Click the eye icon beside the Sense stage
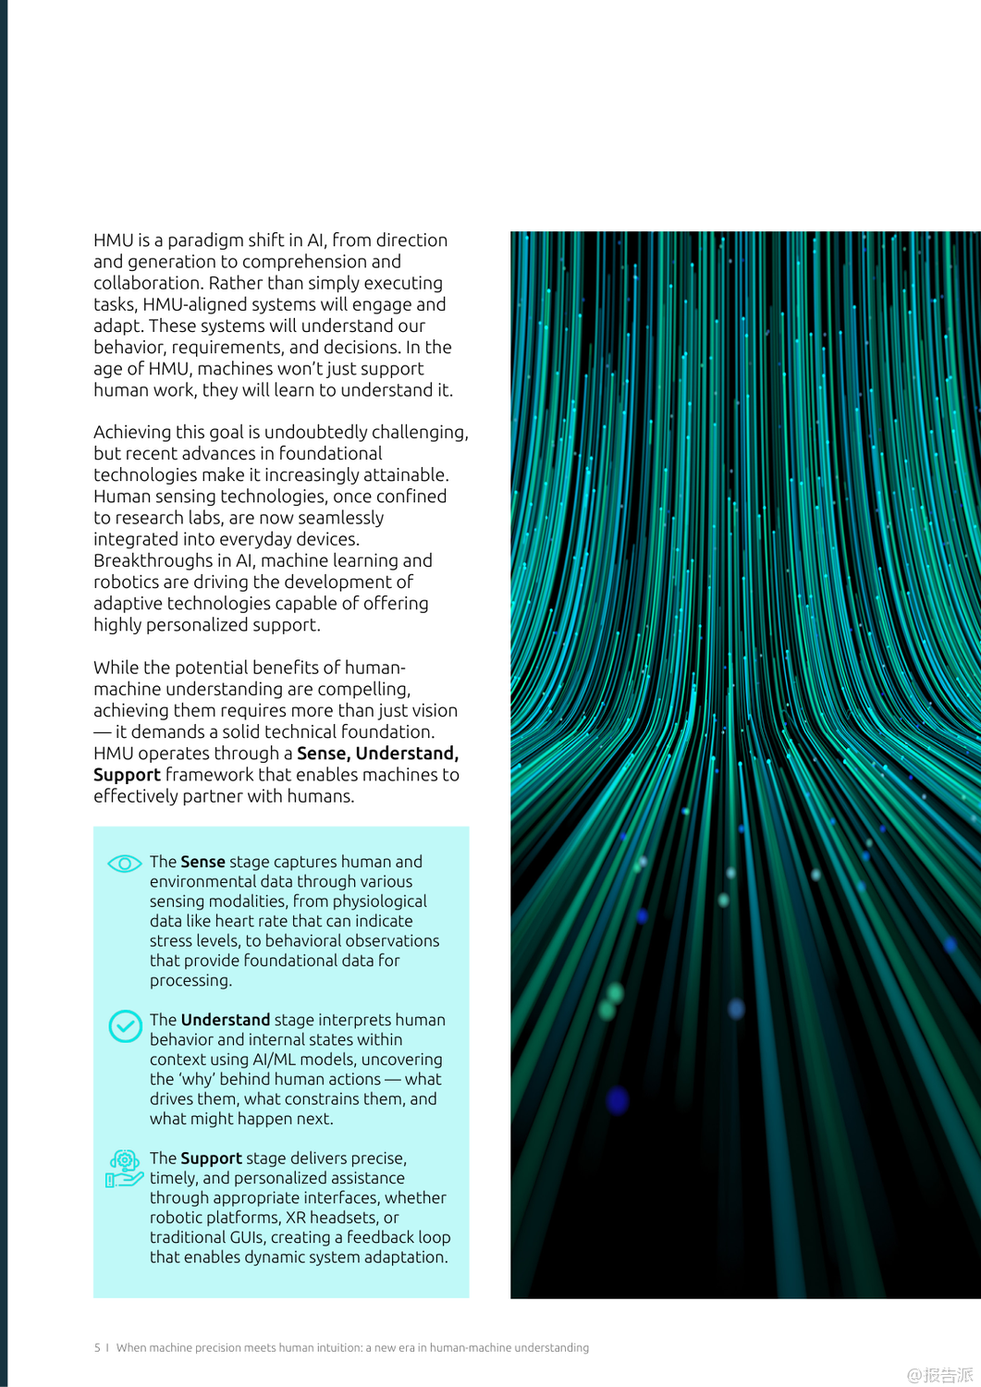124,864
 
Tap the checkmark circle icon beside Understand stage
125,1025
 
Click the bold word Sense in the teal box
202,862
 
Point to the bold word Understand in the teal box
226,1020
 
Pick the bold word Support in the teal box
211,1159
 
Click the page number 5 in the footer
97,1348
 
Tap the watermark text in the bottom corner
939,1375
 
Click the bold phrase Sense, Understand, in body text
377,754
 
